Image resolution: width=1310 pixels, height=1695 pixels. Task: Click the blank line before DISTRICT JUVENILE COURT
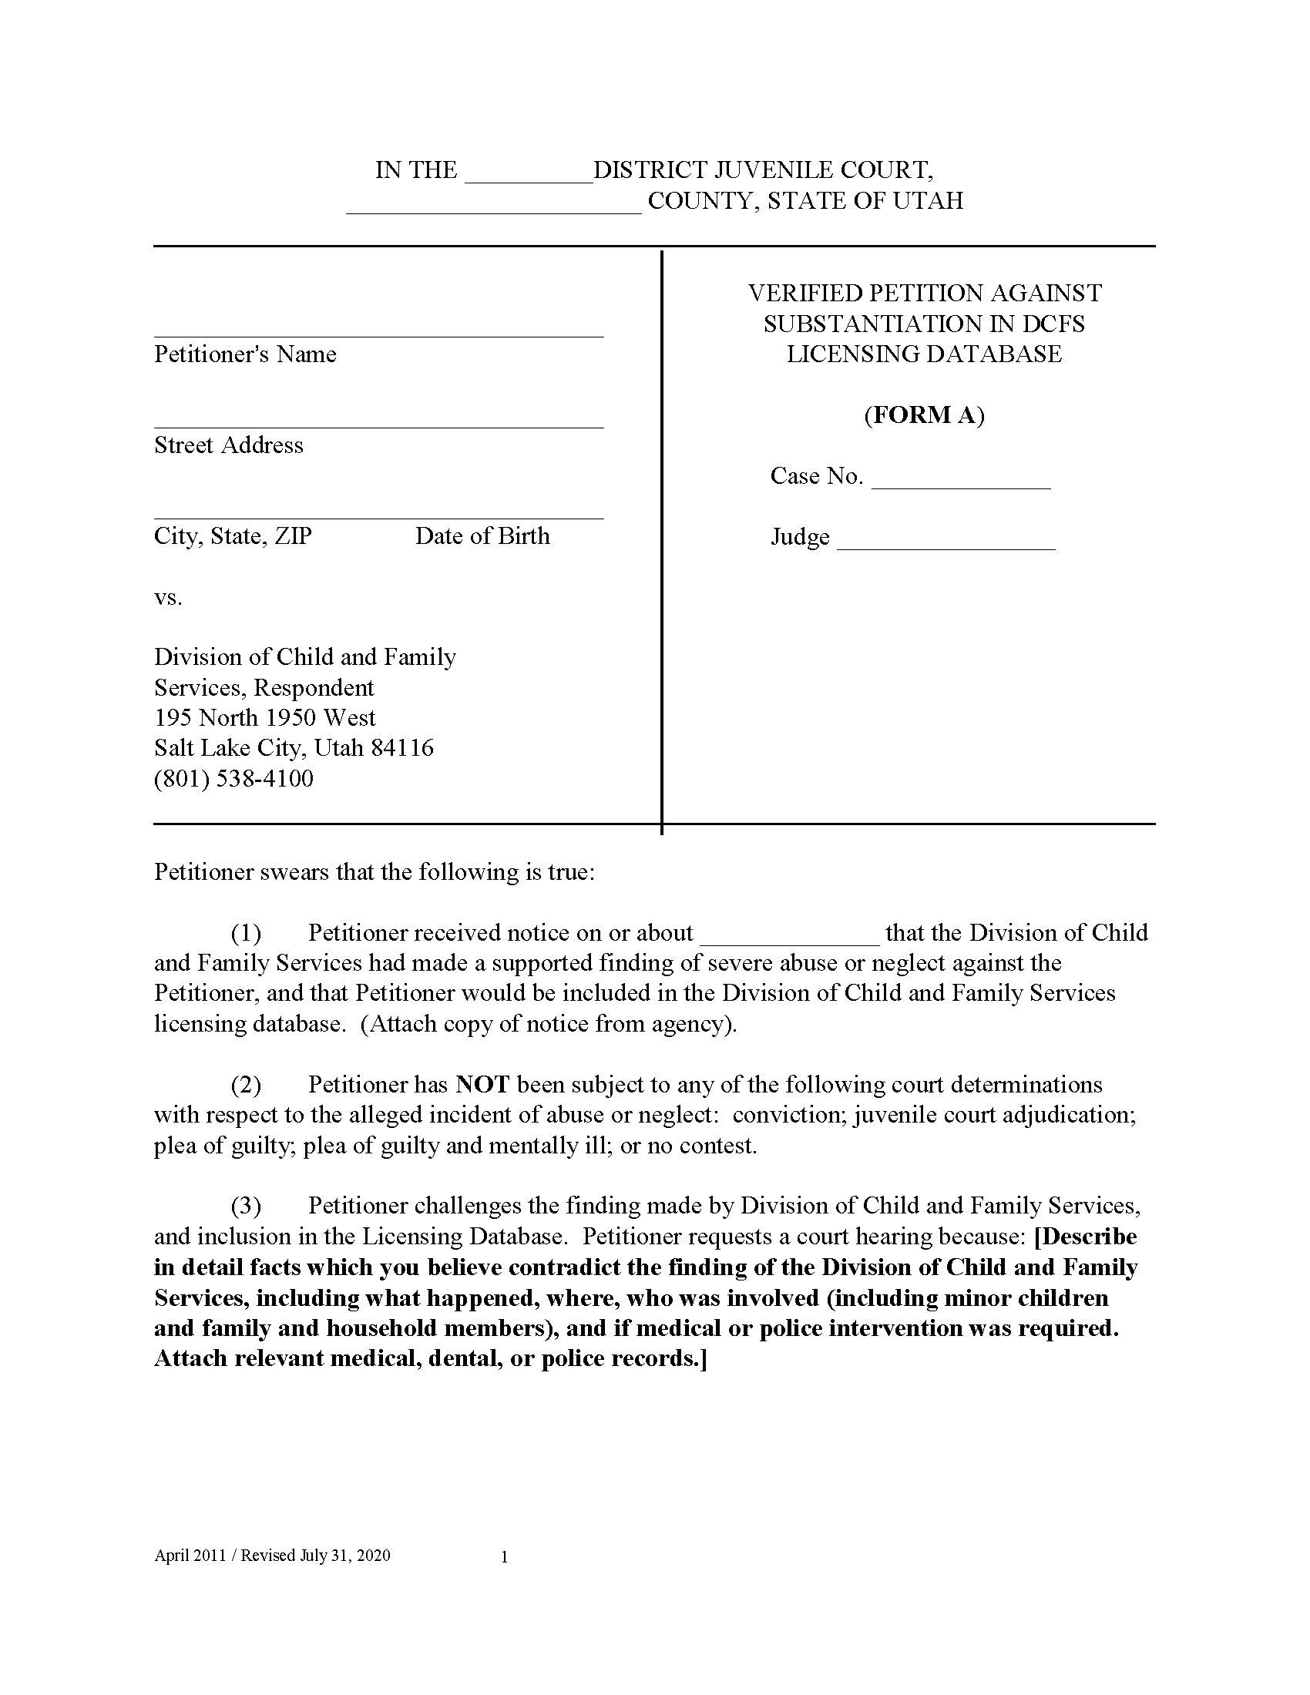(529, 179)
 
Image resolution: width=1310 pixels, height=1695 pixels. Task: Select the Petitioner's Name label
(245, 354)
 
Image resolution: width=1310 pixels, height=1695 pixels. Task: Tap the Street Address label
(228, 445)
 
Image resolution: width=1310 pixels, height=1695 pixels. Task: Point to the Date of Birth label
(482, 536)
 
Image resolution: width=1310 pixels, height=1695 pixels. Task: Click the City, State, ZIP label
(233, 536)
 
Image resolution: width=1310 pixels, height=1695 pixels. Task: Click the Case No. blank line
(961, 485)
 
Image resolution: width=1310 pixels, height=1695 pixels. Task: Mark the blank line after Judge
(946, 545)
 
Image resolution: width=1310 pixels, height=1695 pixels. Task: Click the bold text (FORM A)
(923, 415)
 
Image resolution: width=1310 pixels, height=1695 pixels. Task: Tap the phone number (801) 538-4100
(233, 778)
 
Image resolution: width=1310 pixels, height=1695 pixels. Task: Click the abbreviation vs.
(168, 598)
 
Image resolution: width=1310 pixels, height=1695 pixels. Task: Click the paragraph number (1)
(246, 932)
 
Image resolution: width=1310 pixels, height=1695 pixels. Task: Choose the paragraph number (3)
(246, 1205)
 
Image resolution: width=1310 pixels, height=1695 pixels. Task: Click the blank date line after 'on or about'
(789, 940)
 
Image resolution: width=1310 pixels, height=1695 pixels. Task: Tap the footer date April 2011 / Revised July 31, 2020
(272, 1556)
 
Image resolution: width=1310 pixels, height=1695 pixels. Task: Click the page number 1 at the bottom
(505, 1557)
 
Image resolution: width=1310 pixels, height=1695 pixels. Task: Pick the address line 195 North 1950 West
(264, 718)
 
